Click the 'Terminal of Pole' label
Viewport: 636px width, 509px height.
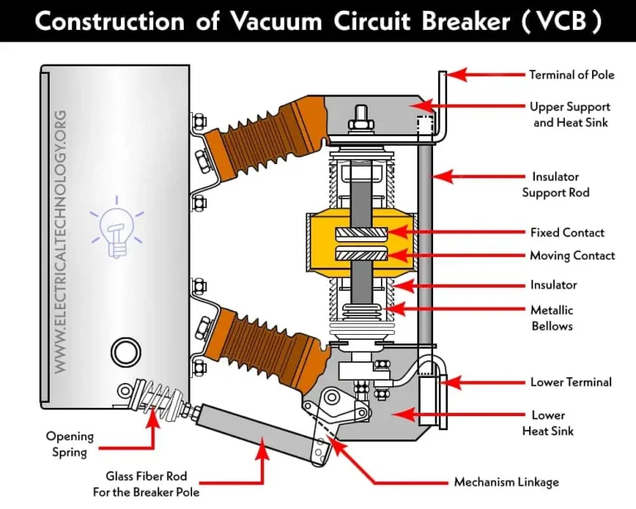tap(571, 75)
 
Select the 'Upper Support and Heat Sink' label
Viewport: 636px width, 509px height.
tap(571, 114)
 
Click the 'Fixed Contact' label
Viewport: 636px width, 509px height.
tap(567, 233)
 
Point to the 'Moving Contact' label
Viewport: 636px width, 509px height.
tap(572, 255)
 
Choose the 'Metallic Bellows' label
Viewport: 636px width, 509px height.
tap(552, 318)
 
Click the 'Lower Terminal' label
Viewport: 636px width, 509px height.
tap(571, 382)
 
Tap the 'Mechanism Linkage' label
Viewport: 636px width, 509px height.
tap(506, 482)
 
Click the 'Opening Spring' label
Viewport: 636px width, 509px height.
tap(70, 443)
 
